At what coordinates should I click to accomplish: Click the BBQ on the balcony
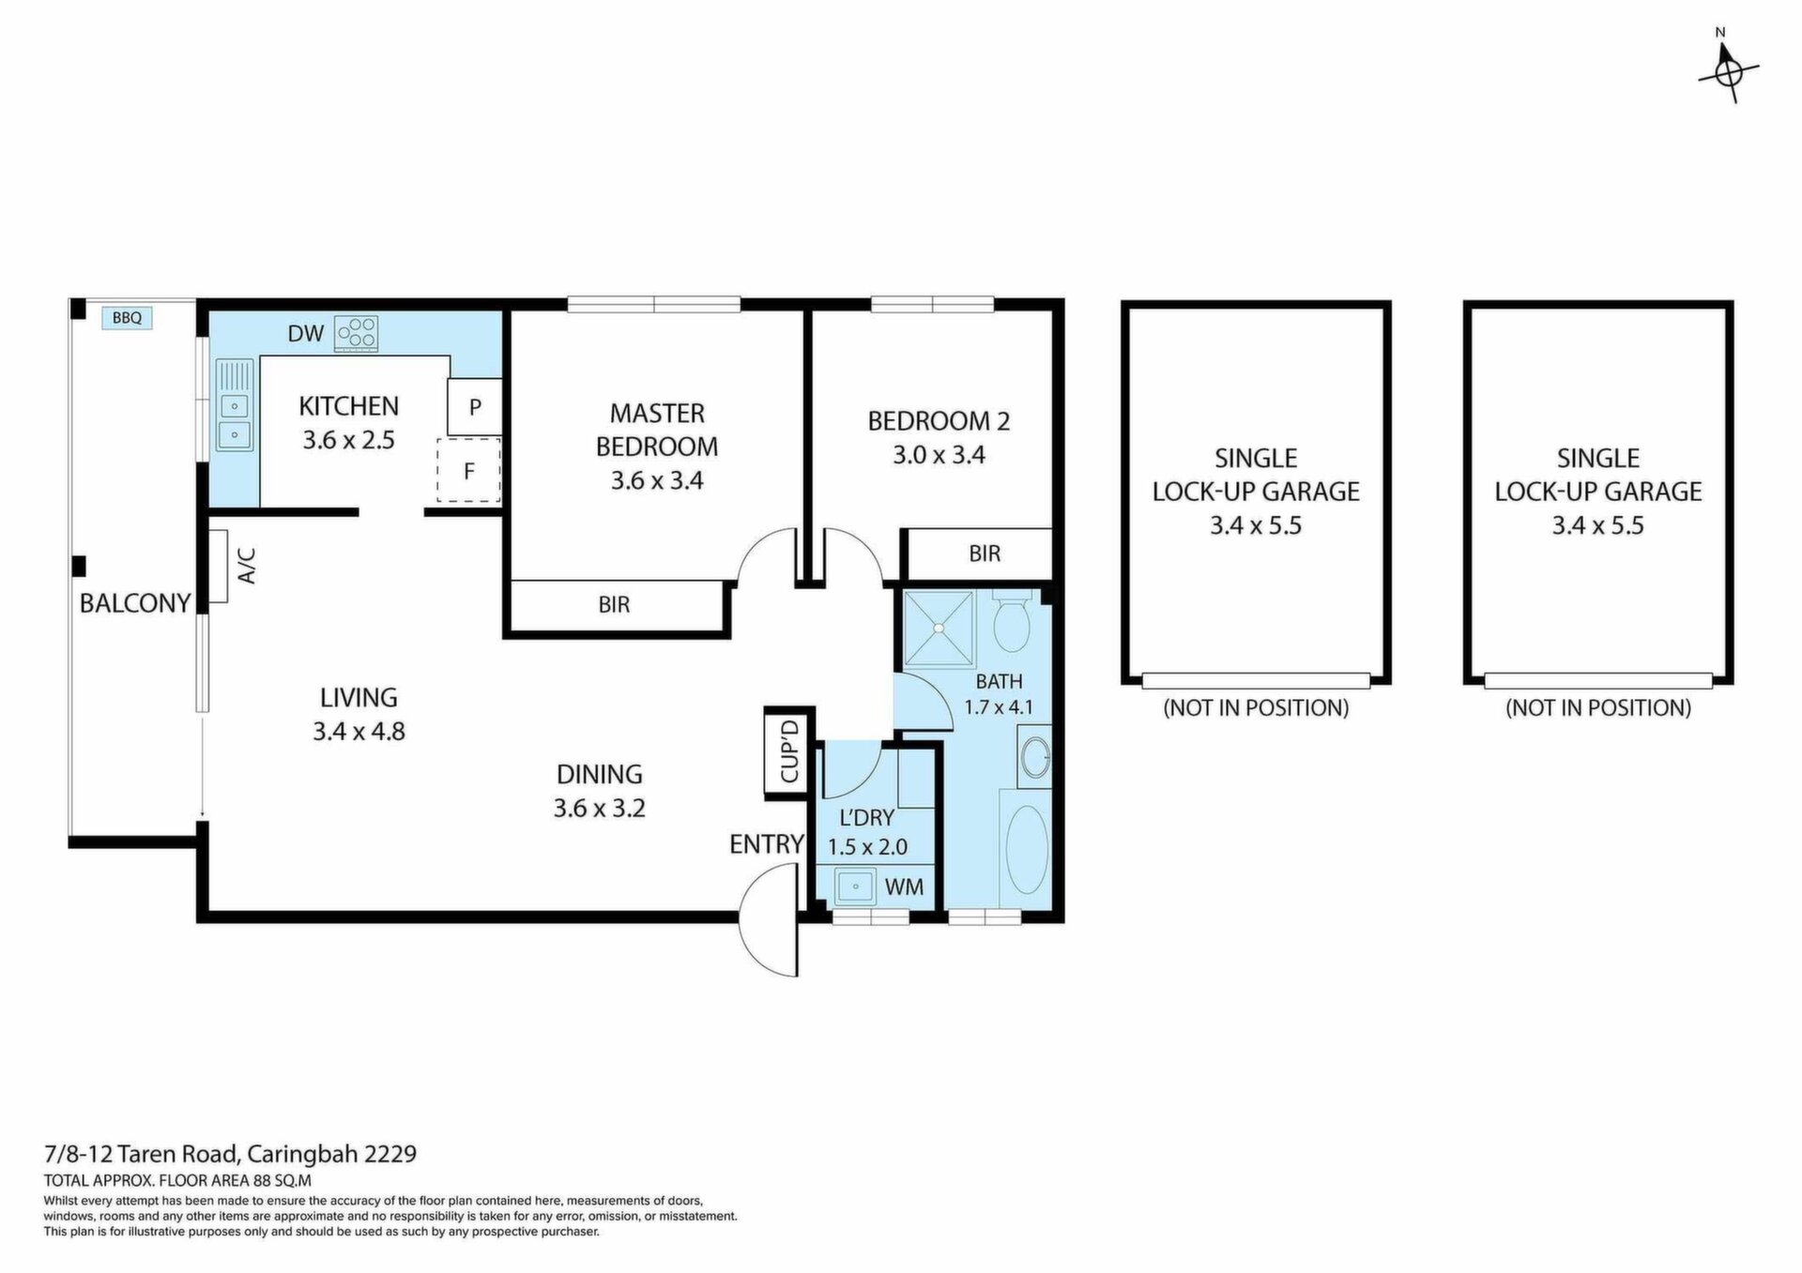coord(127,318)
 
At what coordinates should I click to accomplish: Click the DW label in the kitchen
coord(305,333)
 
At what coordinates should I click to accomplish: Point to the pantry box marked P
coord(475,407)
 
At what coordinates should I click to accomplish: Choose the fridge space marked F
coord(469,470)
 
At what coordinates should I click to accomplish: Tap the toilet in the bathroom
coord(1012,619)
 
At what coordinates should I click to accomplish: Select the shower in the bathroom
coord(939,629)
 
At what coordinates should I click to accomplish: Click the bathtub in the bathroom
coord(1026,849)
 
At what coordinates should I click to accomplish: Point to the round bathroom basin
coord(1036,758)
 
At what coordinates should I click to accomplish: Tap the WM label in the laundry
coord(904,887)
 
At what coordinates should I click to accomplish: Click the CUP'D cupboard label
coord(789,751)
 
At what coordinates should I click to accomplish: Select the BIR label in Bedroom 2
coord(985,553)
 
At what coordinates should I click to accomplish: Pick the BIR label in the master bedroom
coord(614,605)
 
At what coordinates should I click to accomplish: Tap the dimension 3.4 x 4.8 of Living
coord(359,732)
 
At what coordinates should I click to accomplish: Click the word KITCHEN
coord(348,406)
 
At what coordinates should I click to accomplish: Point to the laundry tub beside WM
coord(855,886)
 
